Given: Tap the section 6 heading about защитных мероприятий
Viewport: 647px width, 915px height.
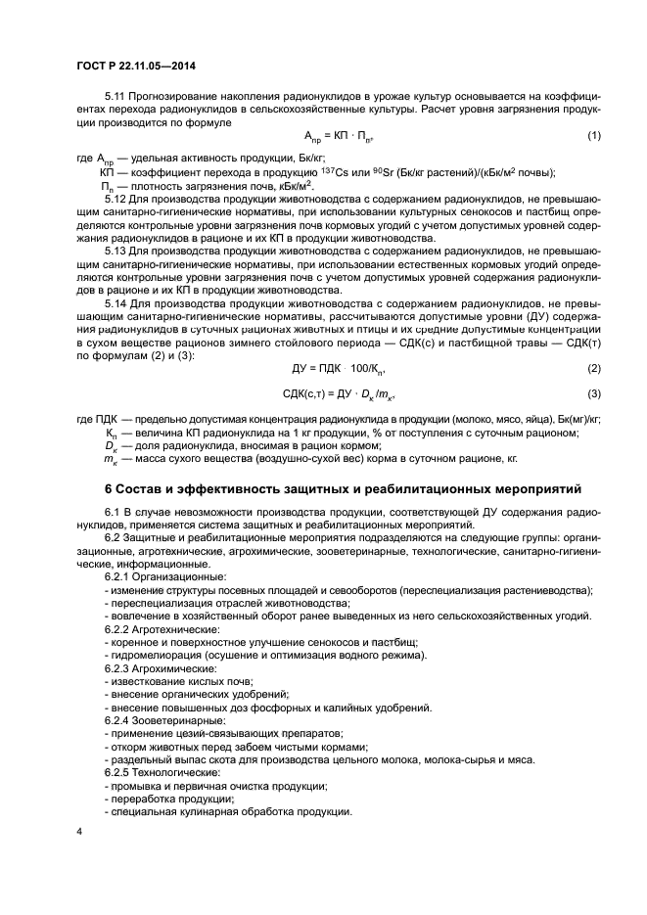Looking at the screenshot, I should (343, 487).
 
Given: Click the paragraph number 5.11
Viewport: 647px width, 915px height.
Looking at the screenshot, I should (116, 98).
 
